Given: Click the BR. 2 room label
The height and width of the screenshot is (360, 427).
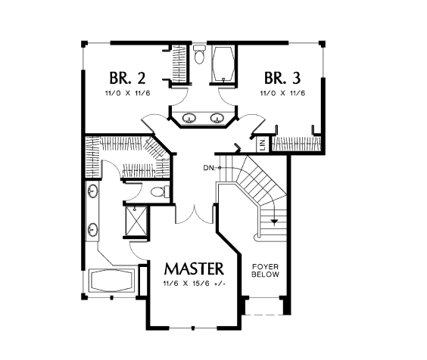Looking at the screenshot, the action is pos(127,78).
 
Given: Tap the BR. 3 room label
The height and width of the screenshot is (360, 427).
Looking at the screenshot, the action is pos(282,78).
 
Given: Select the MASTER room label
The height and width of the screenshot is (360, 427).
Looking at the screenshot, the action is pos(194,268).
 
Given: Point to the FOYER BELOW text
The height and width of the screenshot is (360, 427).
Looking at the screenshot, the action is pos(265,271).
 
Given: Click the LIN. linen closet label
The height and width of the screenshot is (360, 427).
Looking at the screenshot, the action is pos(263,144).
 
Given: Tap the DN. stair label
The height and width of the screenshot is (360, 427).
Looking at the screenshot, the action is pos(209,168).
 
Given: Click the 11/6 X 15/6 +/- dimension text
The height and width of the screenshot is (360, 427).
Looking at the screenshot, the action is pos(195,284).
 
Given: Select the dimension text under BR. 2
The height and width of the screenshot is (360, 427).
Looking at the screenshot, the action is pos(127,93).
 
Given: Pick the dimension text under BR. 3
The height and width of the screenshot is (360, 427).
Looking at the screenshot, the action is pos(282,93).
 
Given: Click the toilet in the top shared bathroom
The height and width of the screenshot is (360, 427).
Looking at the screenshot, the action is pos(199,54).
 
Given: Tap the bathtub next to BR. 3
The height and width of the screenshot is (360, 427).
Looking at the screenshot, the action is pos(223,64).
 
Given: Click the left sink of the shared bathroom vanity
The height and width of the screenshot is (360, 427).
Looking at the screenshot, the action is pos(189,118).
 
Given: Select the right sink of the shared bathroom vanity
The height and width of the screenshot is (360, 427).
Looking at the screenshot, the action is pos(217,118).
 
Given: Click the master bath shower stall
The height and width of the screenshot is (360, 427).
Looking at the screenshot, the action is pos(136,221).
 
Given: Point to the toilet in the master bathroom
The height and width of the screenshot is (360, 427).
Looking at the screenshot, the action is pos(160,191).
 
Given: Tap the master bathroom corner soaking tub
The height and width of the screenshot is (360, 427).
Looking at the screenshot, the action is pos(111,281).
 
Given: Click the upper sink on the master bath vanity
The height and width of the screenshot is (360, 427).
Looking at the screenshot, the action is pos(93,190).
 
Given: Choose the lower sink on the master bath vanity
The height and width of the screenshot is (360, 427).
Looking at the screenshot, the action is pos(93,229).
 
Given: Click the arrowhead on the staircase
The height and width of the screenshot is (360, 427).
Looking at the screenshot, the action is pos(274,222).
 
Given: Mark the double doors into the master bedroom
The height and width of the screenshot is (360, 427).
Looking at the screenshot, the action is pos(194,215).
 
